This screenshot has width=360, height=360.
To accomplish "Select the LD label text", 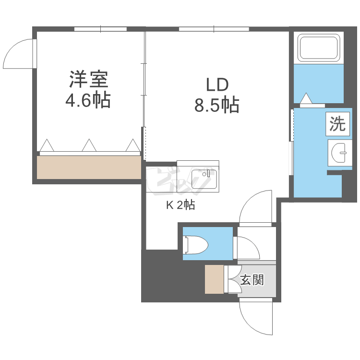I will click(217, 84).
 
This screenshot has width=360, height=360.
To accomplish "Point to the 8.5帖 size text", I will click(217, 105).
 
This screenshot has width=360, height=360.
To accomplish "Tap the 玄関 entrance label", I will click(252, 280).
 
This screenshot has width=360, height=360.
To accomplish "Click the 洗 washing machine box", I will click(337, 124).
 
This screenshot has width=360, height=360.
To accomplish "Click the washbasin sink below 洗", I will click(342, 153).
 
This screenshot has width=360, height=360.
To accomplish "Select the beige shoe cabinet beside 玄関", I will click(215, 279).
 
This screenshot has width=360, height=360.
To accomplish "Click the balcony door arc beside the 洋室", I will click(19, 53).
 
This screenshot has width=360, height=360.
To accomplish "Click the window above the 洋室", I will click(100, 29).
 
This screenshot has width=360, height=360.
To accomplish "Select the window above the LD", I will click(214, 29).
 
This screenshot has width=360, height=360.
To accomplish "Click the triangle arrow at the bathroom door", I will click(306, 99).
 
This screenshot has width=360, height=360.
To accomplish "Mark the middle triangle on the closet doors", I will click(88, 145).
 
